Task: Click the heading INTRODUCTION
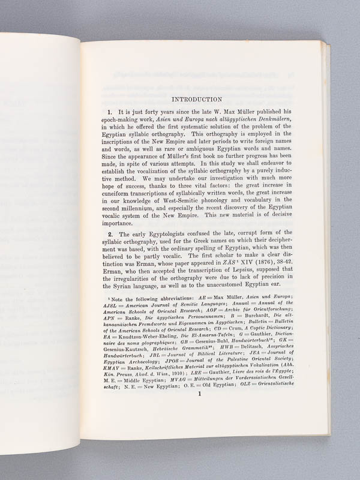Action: pyautogui.click(x=197, y=99)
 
